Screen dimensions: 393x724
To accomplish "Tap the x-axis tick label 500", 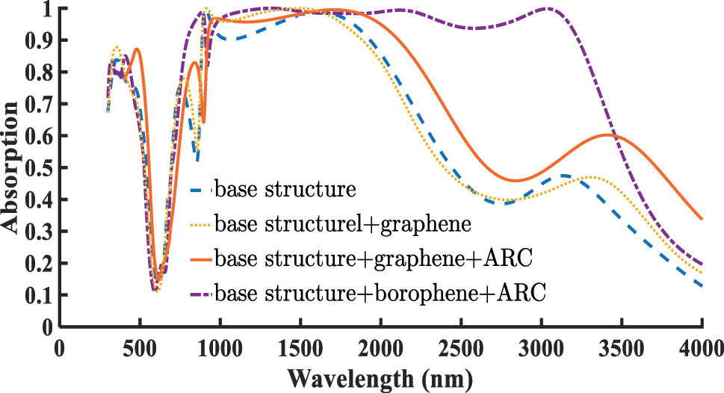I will [x=140, y=349].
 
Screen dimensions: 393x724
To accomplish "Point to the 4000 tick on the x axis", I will [x=701, y=349].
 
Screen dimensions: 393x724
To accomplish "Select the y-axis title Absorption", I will [x=12, y=169].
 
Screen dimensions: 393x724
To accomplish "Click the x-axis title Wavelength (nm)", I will [x=381, y=378].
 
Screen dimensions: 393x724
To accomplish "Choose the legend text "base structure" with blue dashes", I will [x=284, y=188].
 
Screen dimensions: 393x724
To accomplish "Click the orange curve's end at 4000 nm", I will [x=702, y=219].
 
